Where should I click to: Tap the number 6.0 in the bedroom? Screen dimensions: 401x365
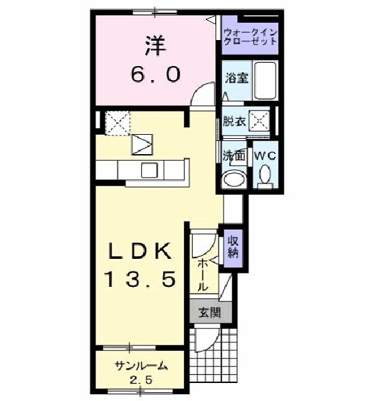155,75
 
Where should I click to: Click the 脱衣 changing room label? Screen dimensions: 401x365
233,121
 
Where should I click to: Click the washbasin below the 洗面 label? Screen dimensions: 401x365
234,179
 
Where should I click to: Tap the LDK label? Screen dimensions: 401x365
141,252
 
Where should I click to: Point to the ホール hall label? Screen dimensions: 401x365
203,273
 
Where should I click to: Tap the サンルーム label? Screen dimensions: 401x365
139,366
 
